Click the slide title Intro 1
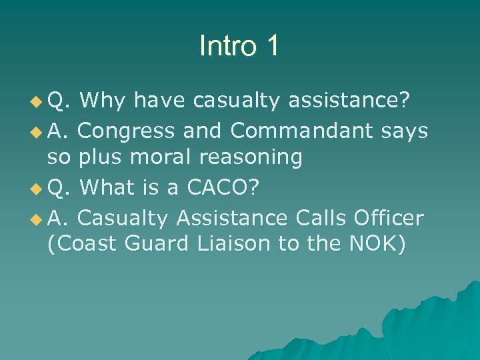(x=239, y=46)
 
